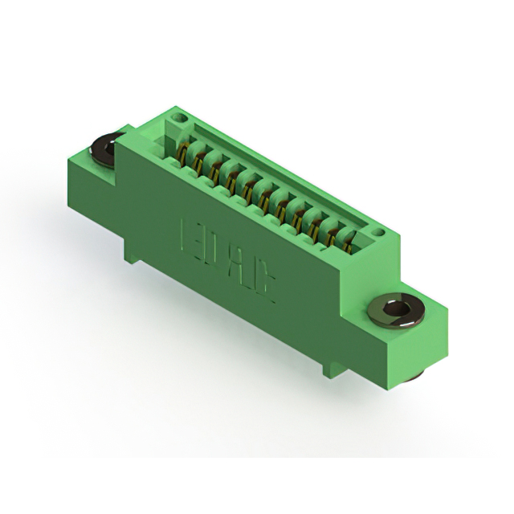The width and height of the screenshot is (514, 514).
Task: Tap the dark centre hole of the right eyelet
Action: [394, 308]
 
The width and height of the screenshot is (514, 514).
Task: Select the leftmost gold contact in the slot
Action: [184, 153]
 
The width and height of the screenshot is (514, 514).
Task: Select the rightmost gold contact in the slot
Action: [347, 238]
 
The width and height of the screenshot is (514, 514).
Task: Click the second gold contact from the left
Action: [198, 160]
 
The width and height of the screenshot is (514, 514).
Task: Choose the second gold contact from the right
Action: [331, 230]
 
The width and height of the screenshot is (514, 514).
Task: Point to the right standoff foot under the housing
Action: [324, 369]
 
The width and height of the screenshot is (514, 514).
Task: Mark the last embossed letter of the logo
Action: [265, 286]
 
